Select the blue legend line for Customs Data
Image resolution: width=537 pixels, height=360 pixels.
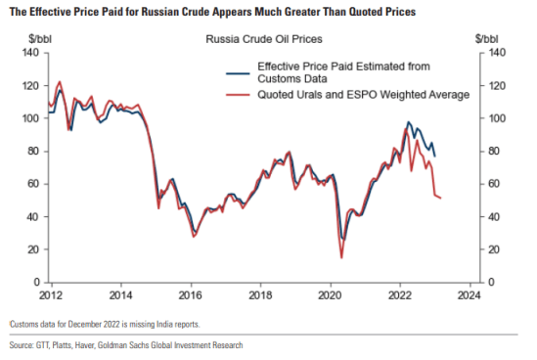[239, 72]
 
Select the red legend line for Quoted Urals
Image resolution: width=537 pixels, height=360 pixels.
[239, 94]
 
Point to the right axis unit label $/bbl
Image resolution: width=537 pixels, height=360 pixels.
[486, 38]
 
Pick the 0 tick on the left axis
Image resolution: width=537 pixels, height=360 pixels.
[36, 282]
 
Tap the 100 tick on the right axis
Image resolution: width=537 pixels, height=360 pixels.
[494, 117]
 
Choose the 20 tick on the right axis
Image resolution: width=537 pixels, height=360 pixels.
[492, 248]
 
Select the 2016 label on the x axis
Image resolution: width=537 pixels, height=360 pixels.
[190, 293]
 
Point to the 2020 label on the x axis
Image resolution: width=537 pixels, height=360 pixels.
[330, 293]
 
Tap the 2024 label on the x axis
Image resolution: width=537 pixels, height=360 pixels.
[469, 293]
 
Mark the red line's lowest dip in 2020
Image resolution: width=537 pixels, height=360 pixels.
[341, 257]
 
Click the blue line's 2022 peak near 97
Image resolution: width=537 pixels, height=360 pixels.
[408, 122]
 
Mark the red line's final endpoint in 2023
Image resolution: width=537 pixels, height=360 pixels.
[441, 199]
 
